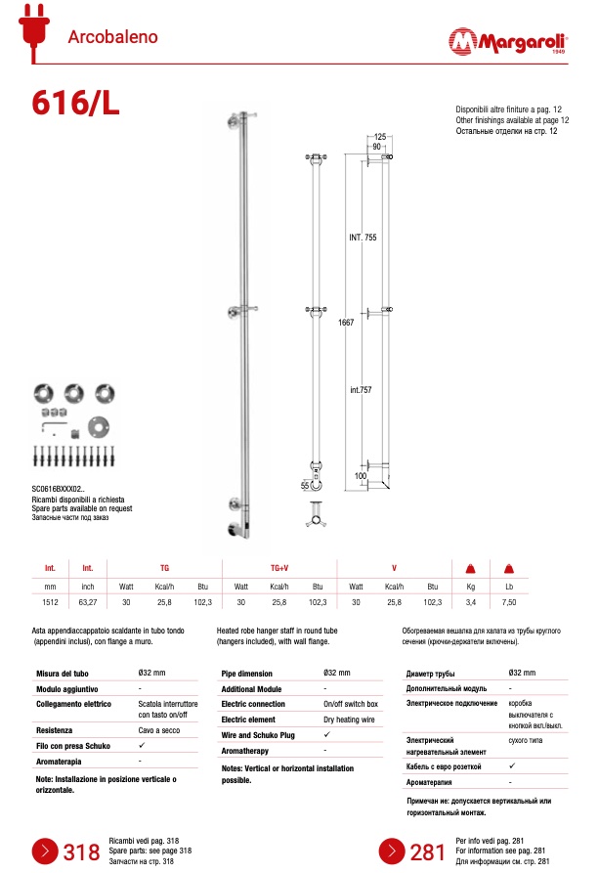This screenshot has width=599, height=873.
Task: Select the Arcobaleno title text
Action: click(112, 37)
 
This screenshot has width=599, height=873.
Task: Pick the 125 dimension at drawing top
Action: click(380, 136)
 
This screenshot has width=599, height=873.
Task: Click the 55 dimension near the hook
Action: click(305, 485)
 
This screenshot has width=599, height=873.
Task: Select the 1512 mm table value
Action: click(50, 603)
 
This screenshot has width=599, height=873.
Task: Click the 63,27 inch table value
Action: click(88, 603)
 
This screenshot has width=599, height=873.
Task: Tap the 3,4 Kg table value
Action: click(470, 603)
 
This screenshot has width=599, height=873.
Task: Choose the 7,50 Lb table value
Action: click(508, 603)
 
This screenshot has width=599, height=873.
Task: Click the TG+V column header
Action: click(278, 568)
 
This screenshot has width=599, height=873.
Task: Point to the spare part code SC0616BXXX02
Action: click(60, 488)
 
